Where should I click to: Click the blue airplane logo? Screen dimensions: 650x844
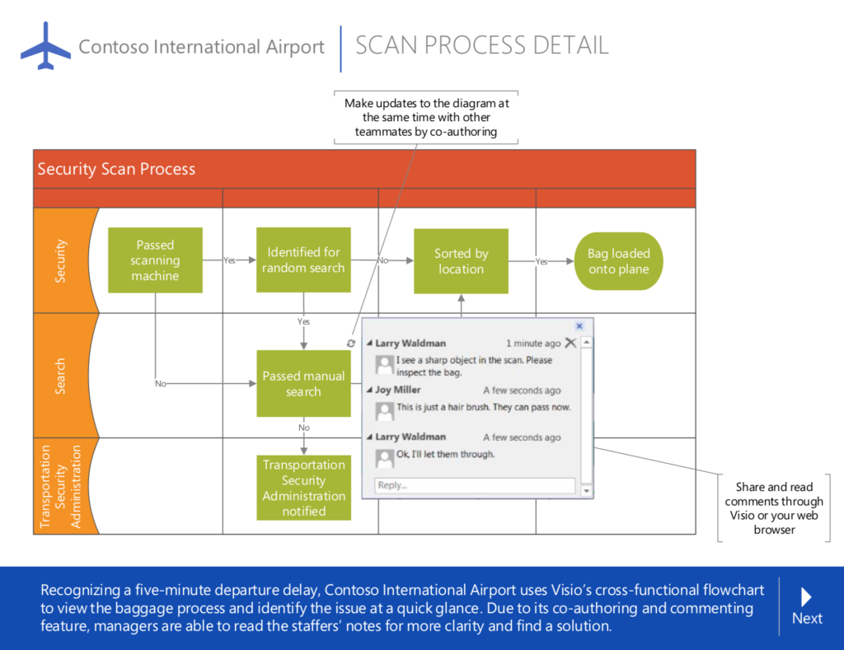tap(46, 46)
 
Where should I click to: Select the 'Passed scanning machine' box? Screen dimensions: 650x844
tap(156, 260)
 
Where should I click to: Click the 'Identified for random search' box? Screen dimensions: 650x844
tap(303, 260)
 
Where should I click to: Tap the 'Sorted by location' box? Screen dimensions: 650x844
tap(461, 261)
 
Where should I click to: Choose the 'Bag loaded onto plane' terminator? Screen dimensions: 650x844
tap(618, 261)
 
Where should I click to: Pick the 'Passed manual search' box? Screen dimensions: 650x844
tap(303, 384)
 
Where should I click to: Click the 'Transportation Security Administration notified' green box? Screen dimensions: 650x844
tap(303, 488)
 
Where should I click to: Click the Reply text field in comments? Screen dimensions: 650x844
tap(476, 485)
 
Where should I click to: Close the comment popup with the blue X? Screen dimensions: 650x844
tap(579, 326)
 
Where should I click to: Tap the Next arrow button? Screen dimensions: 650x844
tap(807, 606)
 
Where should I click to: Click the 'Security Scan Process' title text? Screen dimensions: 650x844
tap(116, 169)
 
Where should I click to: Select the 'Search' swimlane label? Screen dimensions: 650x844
tap(60, 376)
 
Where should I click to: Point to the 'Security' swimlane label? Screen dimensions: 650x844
tap(60, 261)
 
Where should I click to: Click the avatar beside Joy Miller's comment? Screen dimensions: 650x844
tap(384, 409)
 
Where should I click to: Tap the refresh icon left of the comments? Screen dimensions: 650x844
tap(351, 343)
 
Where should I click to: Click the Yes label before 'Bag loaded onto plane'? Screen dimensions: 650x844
tap(542, 261)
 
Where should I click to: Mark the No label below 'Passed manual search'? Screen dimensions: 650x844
tap(304, 428)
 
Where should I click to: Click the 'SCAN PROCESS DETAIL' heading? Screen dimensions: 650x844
tap(482, 45)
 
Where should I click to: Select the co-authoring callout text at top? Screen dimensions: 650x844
tap(426, 117)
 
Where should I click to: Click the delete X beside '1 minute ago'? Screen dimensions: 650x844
tap(570, 343)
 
